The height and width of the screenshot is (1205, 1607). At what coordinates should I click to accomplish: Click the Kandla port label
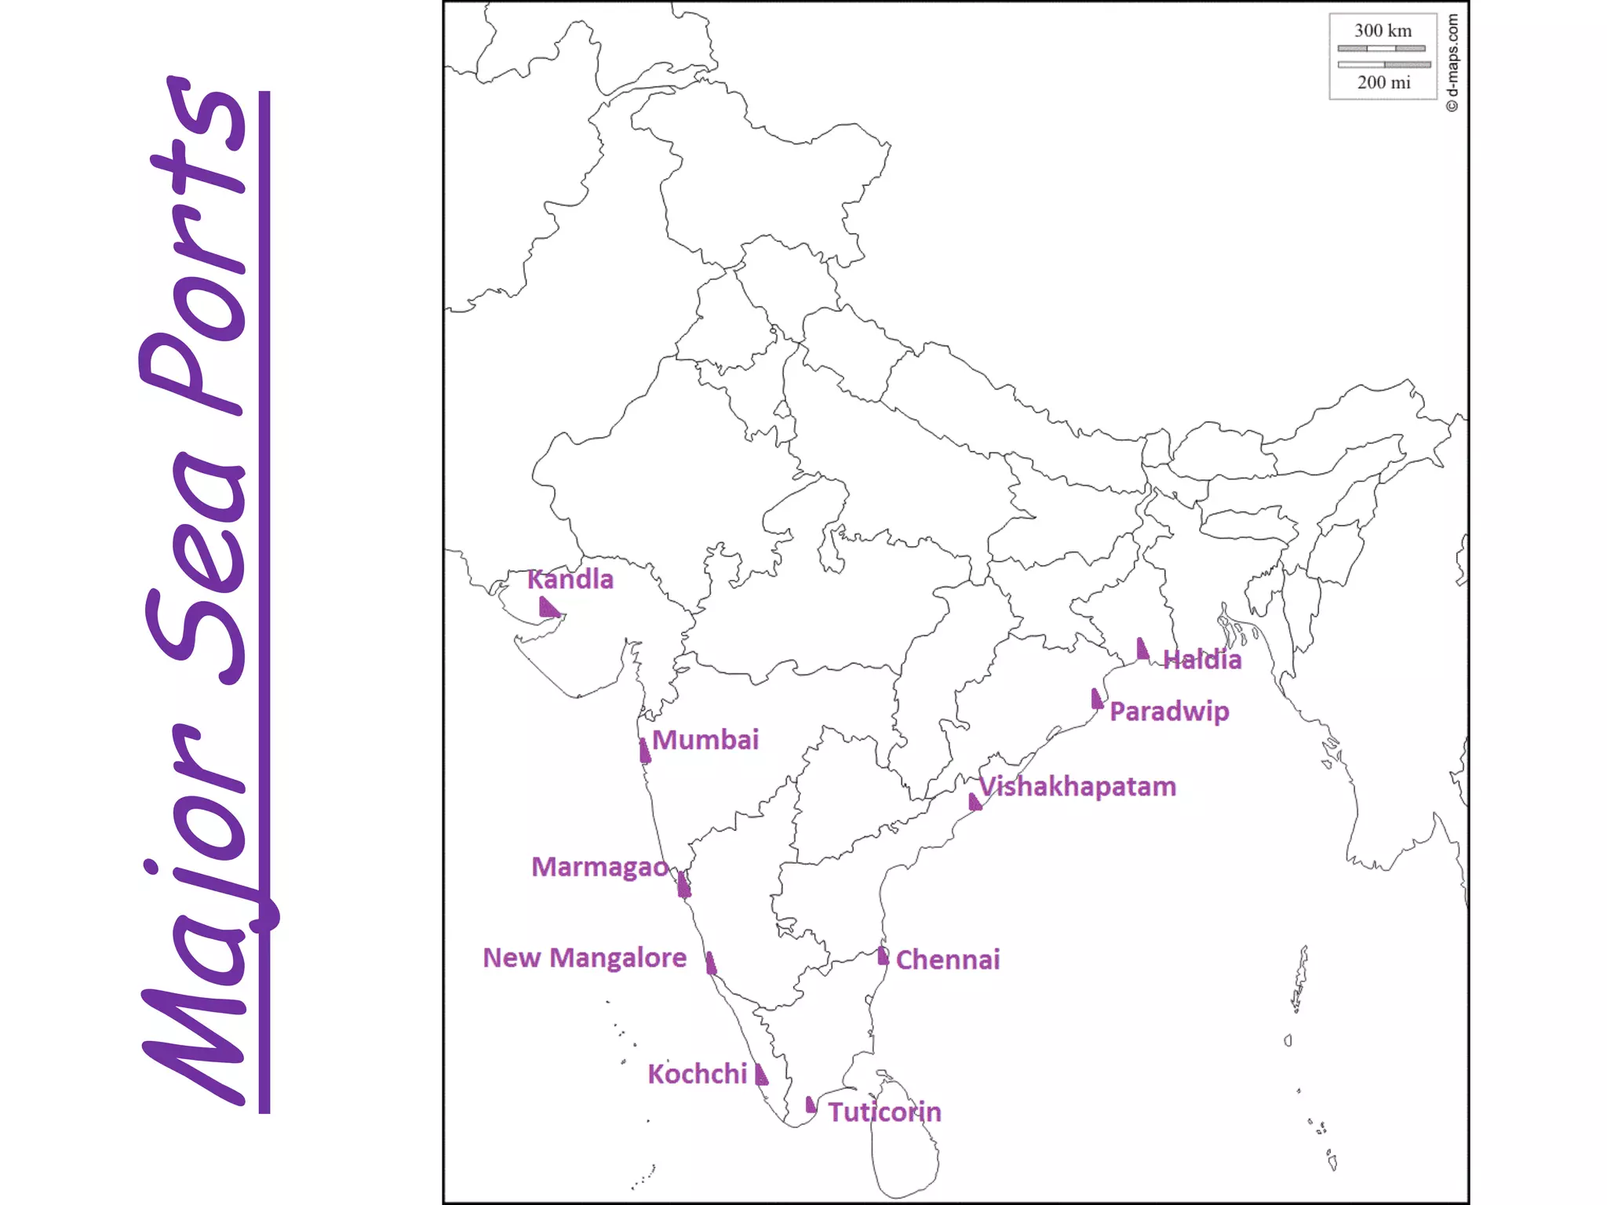(570, 580)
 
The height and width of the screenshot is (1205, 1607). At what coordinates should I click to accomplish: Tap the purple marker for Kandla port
(548, 607)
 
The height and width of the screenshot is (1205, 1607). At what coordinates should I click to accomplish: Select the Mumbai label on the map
(705, 740)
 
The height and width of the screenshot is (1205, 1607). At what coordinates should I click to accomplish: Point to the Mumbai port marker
(645, 752)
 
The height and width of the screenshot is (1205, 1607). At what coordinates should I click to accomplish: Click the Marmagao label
(599, 867)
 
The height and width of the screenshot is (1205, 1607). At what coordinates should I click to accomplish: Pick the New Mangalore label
(585, 958)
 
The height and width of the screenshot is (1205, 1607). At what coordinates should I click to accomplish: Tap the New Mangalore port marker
(711, 963)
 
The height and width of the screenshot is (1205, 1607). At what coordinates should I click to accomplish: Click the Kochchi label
(697, 1074)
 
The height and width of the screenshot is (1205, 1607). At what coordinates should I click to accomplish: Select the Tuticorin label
(884, 1112)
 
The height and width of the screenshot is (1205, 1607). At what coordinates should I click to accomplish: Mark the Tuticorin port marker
(811, 1105)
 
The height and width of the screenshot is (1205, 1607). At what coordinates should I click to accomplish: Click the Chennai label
(948, 959)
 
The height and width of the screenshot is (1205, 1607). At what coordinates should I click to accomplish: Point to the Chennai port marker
(883, 956)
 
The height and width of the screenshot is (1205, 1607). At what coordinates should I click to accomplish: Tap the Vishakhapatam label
(1078, 787)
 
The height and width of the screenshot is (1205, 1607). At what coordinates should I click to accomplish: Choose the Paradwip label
(1169, 712)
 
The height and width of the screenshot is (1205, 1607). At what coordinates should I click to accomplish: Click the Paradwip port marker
(1097, 699)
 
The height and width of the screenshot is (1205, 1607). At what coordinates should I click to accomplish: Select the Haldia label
(1202, 660)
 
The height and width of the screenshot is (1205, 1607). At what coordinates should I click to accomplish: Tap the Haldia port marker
(1142, 650)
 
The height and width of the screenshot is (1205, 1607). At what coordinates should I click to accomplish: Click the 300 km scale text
(1383, 31)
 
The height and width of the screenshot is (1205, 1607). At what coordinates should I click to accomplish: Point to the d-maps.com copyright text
(1452, 63)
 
